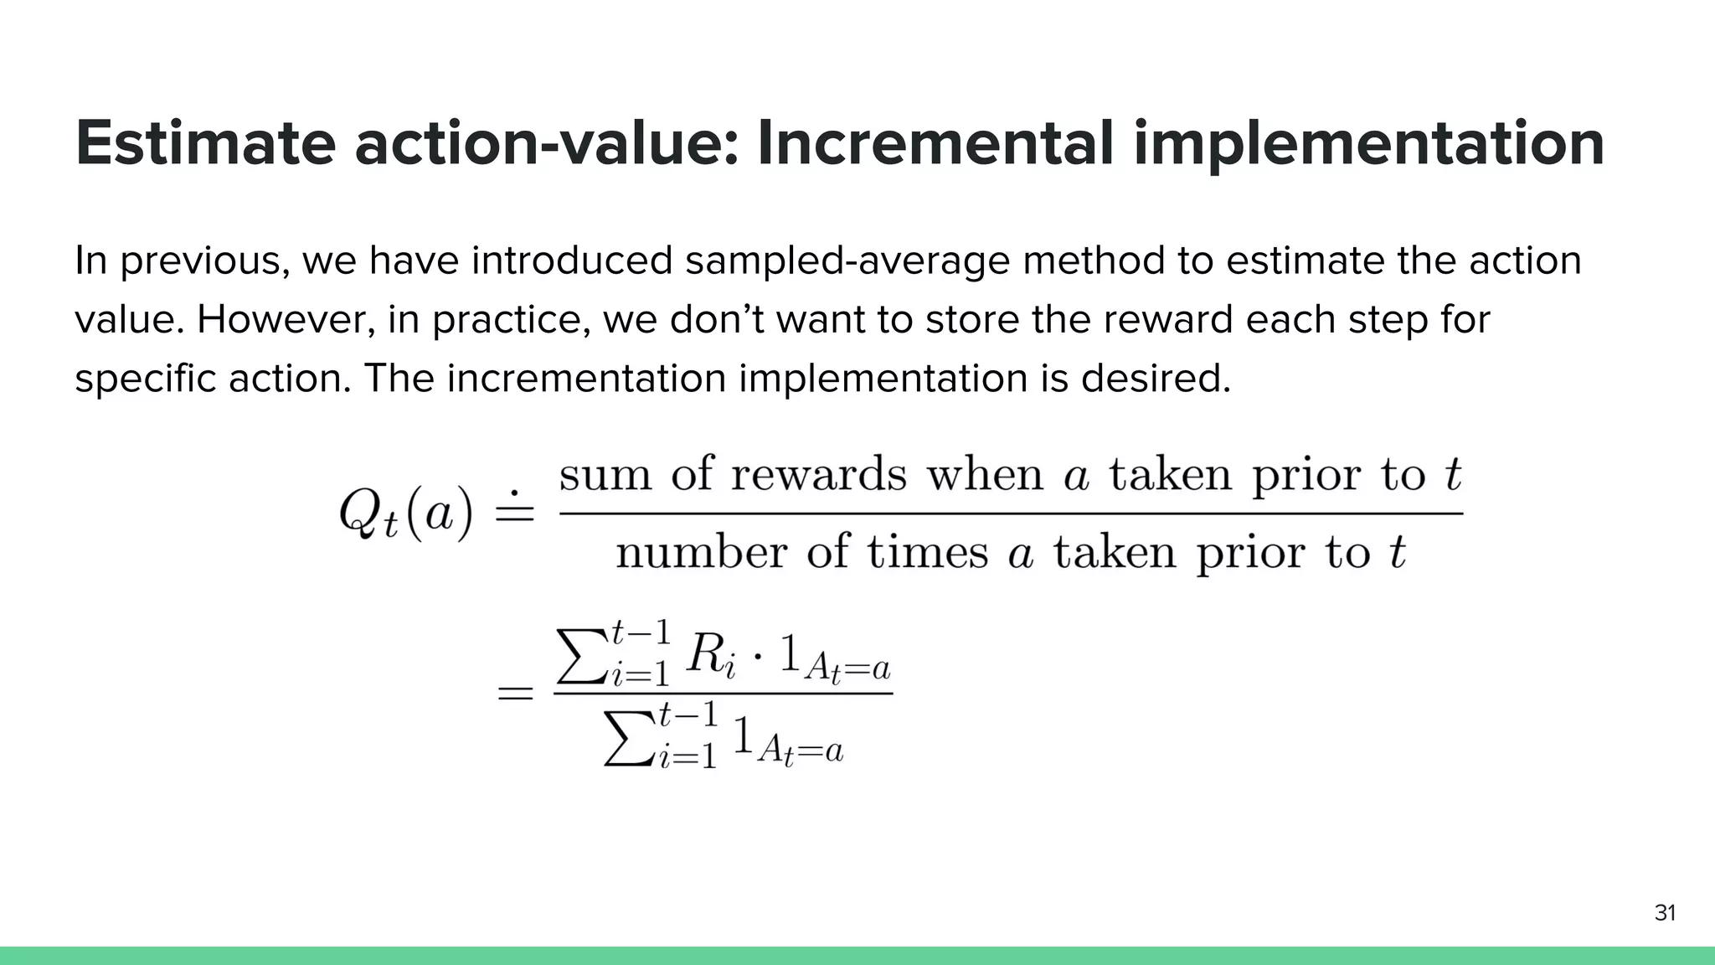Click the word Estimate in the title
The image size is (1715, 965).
point(205,144)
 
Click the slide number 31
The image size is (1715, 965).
point(1665,913)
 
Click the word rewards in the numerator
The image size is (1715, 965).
point(818,476)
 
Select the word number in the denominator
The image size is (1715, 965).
point(702,554)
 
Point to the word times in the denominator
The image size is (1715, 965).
point(927,554)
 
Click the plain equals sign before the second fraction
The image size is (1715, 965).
point(516,694)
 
